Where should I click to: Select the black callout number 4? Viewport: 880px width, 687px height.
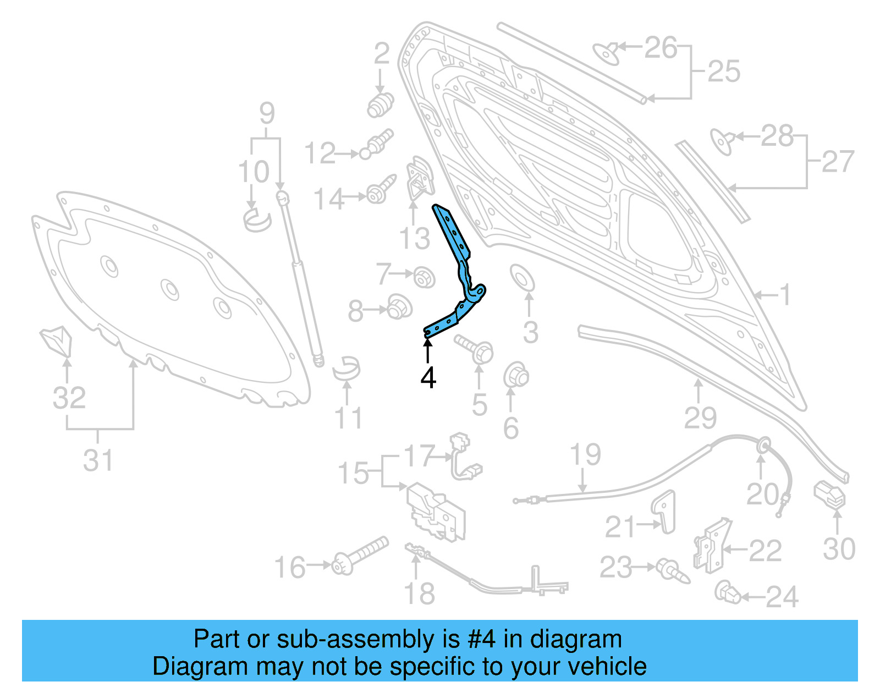(x=428, y=378)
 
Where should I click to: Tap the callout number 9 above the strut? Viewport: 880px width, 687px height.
(x=267, y=113)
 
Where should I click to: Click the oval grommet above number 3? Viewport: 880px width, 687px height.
(x=521, y=278)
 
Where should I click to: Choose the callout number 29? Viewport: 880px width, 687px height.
(x=700, y=418)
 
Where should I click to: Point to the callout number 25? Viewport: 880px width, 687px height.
(x=723, y=72)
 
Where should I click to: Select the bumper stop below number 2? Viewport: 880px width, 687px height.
(x=381, y=105)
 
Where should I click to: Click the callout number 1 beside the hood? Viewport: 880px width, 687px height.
(x=785, y=294)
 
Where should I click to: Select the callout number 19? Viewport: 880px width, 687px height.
(x=585, y=455)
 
